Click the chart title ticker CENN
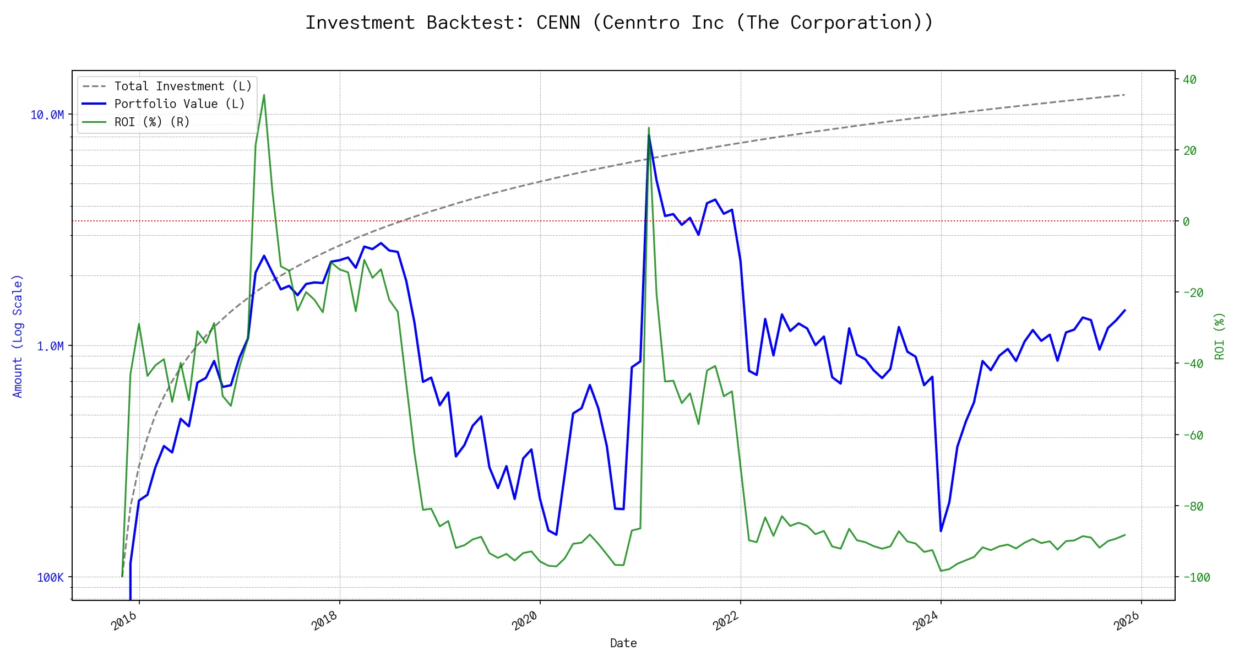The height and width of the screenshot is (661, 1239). tap(558, 23)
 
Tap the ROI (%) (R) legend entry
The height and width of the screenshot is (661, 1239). tap(152, 122)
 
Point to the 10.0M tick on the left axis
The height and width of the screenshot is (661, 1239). tap(47, 115)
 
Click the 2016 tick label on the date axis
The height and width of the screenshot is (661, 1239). tap(124, 621)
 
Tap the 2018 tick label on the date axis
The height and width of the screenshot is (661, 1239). tap(325, 621)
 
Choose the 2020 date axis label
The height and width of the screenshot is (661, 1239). tap(525, 621)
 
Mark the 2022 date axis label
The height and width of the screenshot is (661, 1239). tap(726, 621)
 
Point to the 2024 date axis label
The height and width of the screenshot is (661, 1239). tap(926, 621)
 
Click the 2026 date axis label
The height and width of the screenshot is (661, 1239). tap(1127, 621)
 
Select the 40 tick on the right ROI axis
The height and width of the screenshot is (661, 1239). tap(1189, 79)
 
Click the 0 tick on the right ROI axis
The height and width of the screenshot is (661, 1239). tap(1186, 221)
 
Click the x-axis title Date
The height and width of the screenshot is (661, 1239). tap(623, 643)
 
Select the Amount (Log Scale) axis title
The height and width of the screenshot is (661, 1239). tap(18, 336)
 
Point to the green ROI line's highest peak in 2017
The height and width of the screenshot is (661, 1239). tap(264, 95)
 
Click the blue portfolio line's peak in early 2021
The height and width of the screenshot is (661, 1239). tap(649, 136)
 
